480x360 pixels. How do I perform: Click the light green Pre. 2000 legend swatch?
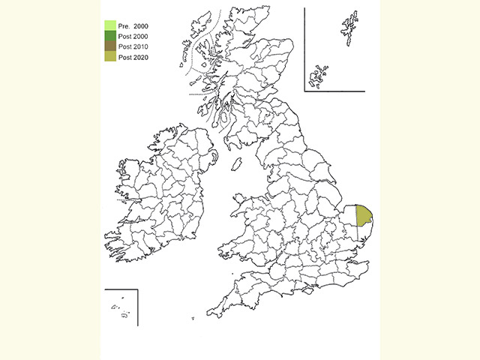pyautogui.click(x=109, y=25)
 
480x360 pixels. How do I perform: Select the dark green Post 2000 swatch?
pyautogui.click(x=109, y=36)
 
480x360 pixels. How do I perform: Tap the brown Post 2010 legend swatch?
pyautogui.click(x=109, y=46)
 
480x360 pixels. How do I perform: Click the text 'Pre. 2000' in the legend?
pyautogui.click(x=133, y=25)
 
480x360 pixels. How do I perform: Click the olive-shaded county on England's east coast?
pyautogui.click(x=363, y=215)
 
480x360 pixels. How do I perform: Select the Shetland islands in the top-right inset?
pyautogui.click(x=349, y=28)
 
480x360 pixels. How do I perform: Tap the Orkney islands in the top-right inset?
pyautogui.click(x=319, y=75)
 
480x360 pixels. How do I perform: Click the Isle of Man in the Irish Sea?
pyautogui.click(x=235, y=163)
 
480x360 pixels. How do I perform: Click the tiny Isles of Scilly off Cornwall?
pyautogui.click(x=193, y=319)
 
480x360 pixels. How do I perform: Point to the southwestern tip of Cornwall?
pyautogui.click(x=209, y=313)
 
